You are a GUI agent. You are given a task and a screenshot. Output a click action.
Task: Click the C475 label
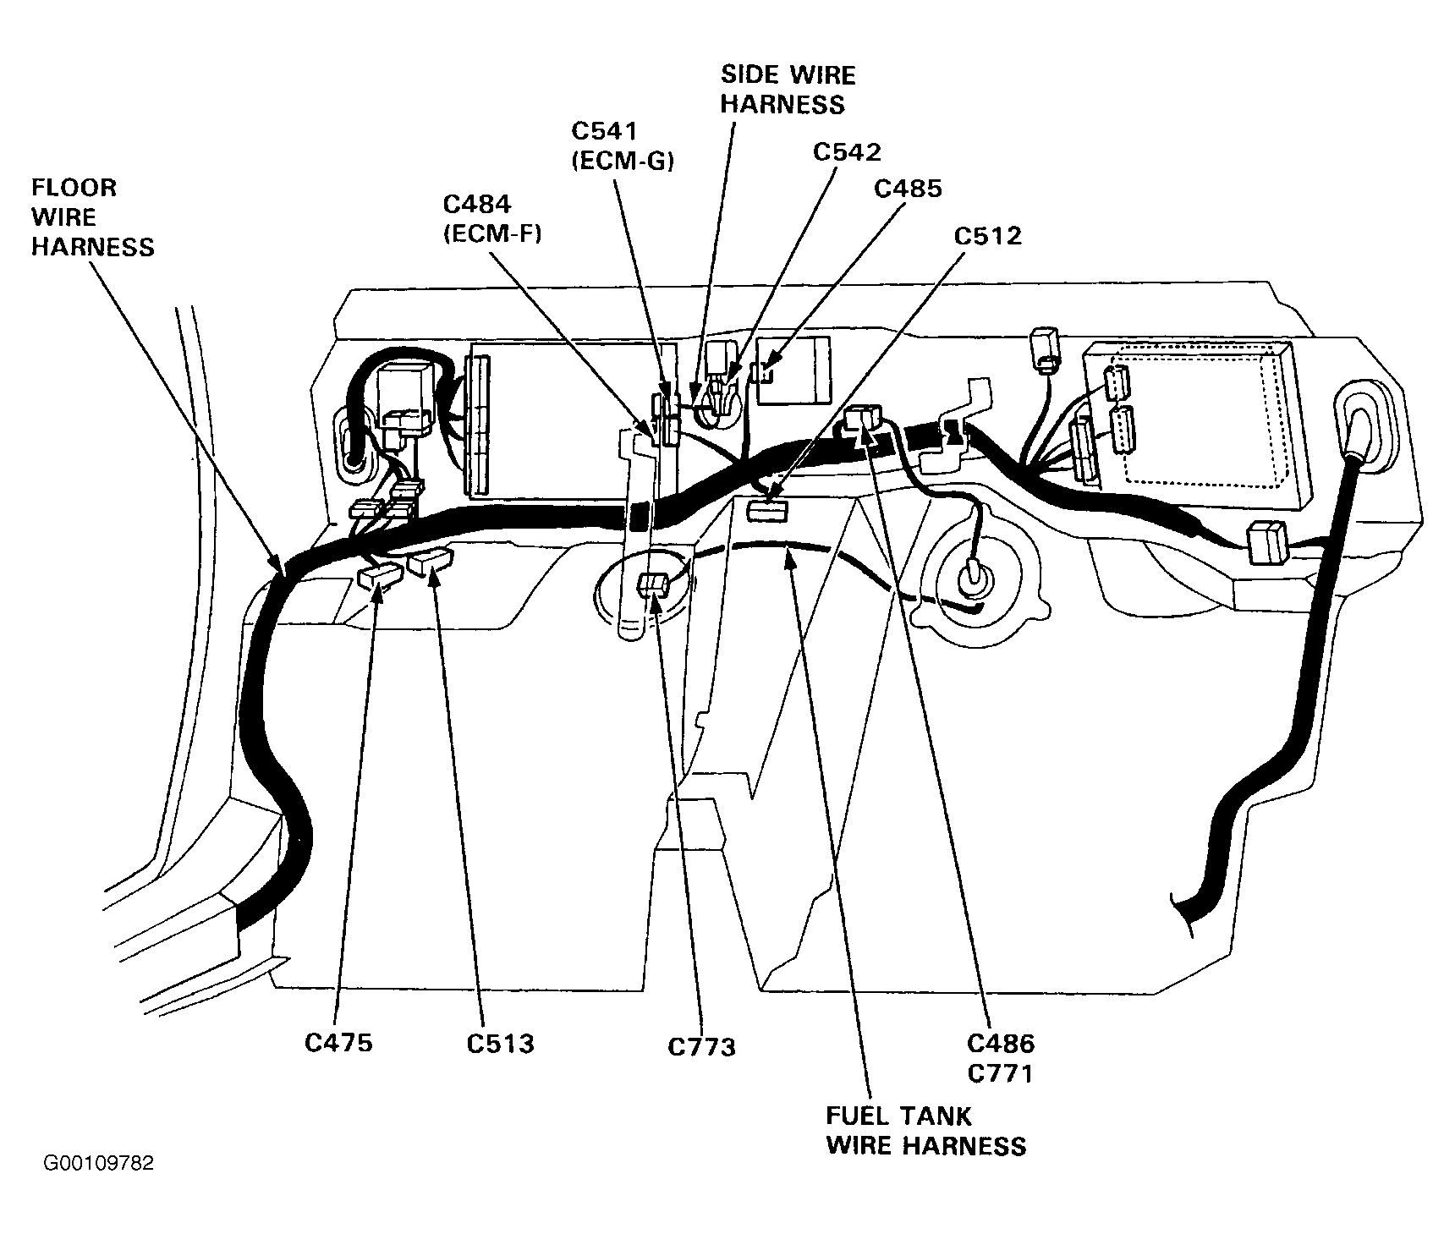pos(338,1043)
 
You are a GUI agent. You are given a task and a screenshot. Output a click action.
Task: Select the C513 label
pos(500,1043)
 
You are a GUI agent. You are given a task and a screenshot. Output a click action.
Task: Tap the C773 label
pos(701,1047)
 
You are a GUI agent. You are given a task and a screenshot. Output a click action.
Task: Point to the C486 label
pos(1001,1043)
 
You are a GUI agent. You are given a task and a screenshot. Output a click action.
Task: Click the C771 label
pos(1001,1073)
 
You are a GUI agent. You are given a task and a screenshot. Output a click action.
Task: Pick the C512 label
pos(987,235)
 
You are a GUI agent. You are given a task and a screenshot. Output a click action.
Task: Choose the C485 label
pos(908,188)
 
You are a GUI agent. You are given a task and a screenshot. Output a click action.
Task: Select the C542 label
pos(847,151)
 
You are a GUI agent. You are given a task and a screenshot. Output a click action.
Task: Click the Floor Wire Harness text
pos(93,217)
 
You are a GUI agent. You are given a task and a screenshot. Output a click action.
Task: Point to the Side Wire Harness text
pos(787,90)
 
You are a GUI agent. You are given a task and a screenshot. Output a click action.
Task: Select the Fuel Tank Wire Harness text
pos(925,1131)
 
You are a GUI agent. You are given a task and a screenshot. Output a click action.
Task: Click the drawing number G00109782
pos(99,1163)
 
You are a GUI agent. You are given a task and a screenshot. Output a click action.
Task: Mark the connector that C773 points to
pos(655,583)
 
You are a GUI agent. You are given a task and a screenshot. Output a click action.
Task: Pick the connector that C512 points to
pos(767,510)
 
